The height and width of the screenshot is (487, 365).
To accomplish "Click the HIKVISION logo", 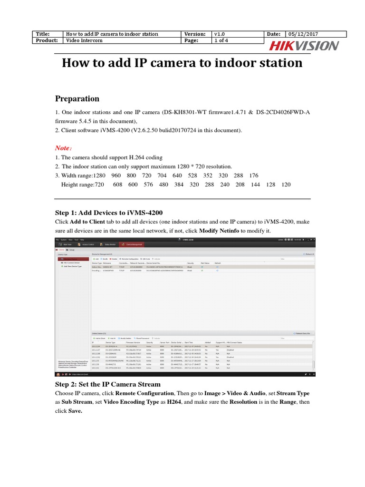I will (304, 46).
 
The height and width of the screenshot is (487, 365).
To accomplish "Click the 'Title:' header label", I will (43, 34).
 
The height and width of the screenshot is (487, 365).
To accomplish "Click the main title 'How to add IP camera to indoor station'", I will (182, 63).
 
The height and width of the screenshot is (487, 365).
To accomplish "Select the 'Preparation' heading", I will (77, 99).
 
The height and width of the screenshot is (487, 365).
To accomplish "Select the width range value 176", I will (253, 175).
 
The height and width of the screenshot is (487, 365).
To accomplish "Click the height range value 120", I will (286, 185).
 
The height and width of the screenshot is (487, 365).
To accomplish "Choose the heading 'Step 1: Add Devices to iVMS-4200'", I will (110, 213).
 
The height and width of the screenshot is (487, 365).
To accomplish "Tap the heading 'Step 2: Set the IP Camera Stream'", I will (108, 384).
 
